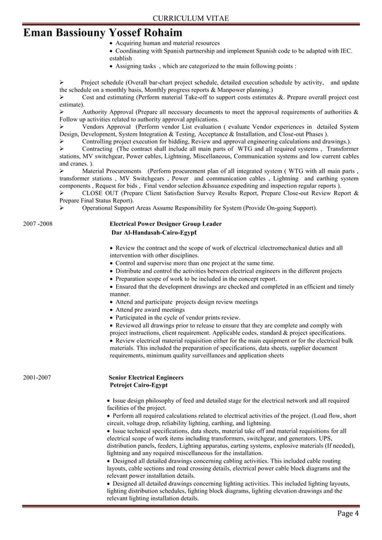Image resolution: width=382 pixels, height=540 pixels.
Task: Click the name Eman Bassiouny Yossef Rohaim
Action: point(103,32)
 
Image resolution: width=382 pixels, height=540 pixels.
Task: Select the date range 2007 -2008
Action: point(38,224)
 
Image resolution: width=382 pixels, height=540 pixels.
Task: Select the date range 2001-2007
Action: point(38,378)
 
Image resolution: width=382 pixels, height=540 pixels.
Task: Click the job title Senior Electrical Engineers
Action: point(146,378)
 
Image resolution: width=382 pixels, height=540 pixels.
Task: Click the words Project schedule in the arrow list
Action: point(99,82)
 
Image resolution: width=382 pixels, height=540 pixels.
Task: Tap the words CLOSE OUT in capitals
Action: point(99,193)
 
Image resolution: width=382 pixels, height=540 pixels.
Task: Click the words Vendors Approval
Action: point(106,127)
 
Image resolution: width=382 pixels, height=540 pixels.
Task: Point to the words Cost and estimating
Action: point(108,97)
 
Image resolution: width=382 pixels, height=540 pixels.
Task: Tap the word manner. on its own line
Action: point(120,295)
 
